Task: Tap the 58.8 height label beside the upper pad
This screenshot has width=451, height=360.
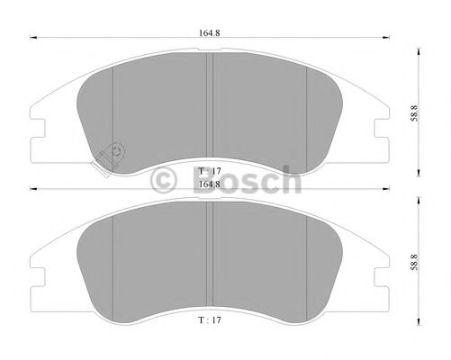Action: click(413, 112)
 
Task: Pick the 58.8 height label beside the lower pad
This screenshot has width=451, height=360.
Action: click(413, 263)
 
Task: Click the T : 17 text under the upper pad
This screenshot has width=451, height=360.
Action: click(208, 170)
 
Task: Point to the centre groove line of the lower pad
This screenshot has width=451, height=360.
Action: click(210, 256)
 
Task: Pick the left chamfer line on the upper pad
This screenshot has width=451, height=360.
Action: click(112, 108)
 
